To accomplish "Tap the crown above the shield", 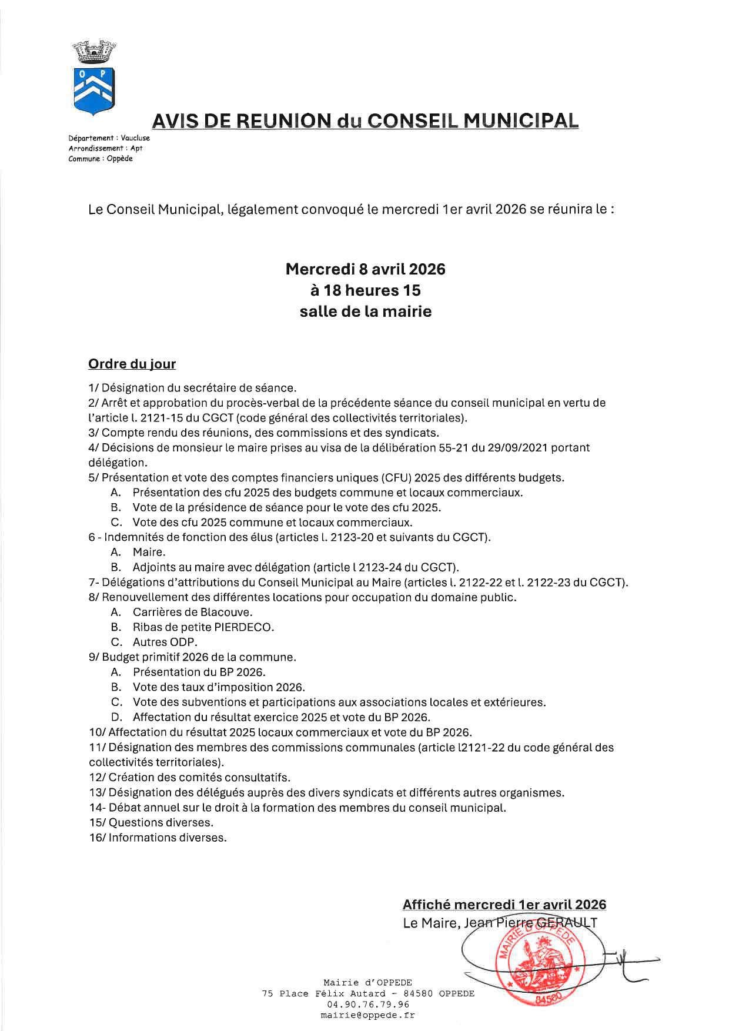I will [94, 52].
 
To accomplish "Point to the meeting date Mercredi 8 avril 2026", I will [365, 269].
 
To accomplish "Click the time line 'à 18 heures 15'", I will [365, 290].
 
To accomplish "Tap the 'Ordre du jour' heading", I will [132, 364].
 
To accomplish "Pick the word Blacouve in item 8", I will [226, 612].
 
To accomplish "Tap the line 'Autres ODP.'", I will [165, 642].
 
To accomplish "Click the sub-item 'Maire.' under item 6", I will [149, 552].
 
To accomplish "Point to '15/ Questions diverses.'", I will [151, 822].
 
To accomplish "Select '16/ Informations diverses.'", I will [158, 838].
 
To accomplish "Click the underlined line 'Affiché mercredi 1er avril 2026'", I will [504, 905].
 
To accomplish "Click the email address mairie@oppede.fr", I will [367, 1015].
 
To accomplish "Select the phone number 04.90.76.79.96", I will [367, 1005].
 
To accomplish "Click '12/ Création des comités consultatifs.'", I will [189, 778].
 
